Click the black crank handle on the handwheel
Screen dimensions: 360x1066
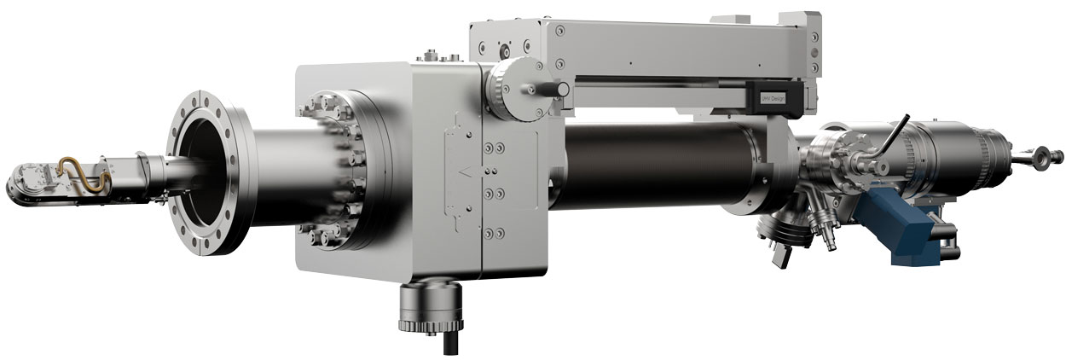[x=551, y=88]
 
